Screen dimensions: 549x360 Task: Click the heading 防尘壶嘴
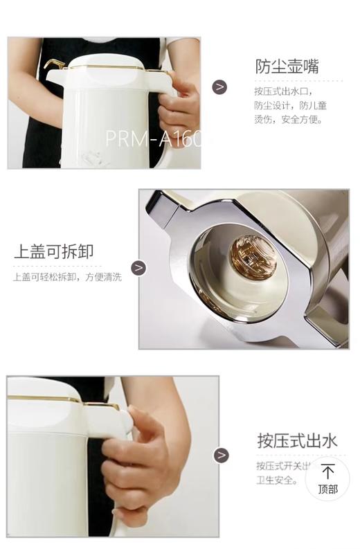(287, 66)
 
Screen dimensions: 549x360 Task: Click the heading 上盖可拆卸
(53, 251)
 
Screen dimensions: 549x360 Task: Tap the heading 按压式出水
(296, 441)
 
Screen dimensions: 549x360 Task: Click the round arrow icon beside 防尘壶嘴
(219, 87)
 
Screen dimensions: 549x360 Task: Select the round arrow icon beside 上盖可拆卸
(138, 268)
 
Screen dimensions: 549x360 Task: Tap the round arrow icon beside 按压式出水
(221, 455)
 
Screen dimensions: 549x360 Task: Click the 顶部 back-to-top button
(327, 479)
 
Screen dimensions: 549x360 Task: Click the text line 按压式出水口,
(284, 91)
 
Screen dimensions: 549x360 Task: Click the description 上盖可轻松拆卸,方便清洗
(67, 278)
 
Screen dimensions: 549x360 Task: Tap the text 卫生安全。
(277, 478)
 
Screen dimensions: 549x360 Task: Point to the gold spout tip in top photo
(50, 64)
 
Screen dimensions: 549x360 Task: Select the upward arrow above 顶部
(327, 471)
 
